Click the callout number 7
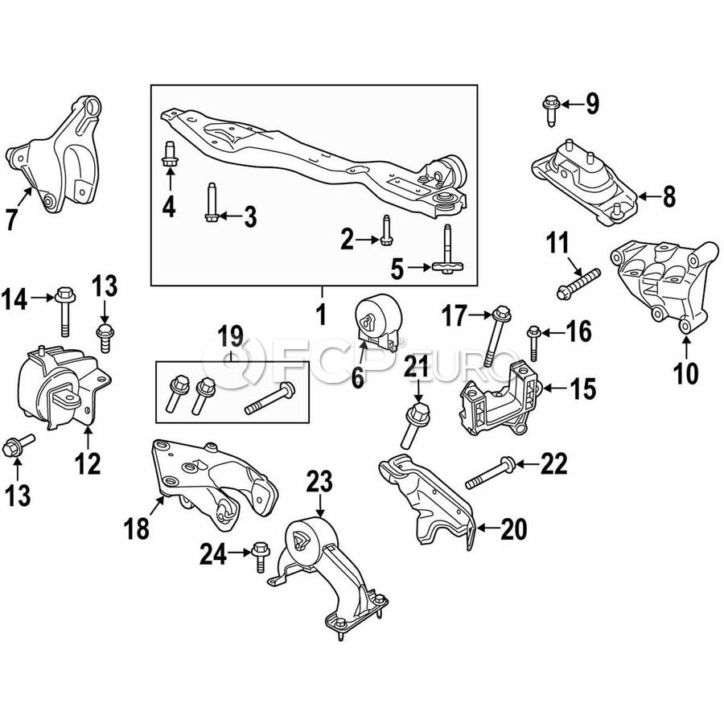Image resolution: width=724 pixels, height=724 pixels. point(12,219)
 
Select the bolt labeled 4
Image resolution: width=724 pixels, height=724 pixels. point(170,154)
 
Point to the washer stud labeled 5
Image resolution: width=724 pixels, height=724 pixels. point(448,250)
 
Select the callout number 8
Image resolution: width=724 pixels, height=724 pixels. point(669,196)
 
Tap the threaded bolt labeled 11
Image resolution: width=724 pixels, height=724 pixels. point(578,283)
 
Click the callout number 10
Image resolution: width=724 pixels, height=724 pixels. point(685,373)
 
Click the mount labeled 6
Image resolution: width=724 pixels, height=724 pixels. point(378,323)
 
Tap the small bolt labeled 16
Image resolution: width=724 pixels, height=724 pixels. point(534,343)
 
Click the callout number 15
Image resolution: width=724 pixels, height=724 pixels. point(583,389)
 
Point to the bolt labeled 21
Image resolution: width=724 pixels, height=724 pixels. point(413,425)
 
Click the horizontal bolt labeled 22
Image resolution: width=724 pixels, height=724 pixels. point(491,472)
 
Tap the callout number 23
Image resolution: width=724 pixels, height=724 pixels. point(319,482)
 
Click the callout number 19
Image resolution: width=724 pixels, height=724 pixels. point(232,336)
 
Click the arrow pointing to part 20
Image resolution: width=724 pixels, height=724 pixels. point(487,528)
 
